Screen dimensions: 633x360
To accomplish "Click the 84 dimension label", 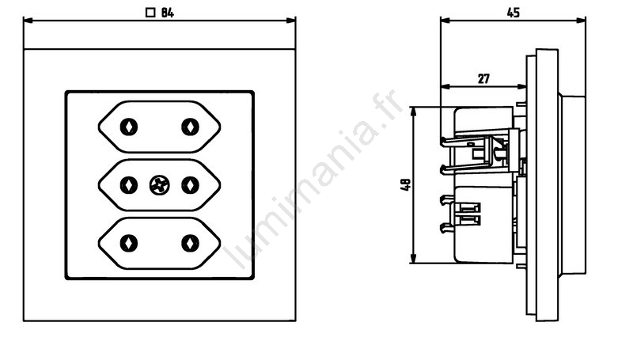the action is tap(168, 13).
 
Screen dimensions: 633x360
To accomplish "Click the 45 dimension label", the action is tap(513, 13).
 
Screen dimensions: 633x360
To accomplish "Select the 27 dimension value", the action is tap(483, 78).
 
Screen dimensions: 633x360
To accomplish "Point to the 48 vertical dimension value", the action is tap(406, 185).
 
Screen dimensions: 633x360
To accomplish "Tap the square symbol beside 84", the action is tap(150, 13).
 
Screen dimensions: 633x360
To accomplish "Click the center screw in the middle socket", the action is tap(160, 186).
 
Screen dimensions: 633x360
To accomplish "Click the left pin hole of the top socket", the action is tap(129, 127).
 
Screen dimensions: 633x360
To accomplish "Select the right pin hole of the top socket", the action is tap(190, 127).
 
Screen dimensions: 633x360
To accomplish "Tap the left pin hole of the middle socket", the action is tap(129, 186).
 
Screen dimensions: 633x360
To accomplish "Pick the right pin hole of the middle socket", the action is tap(190, 186).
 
